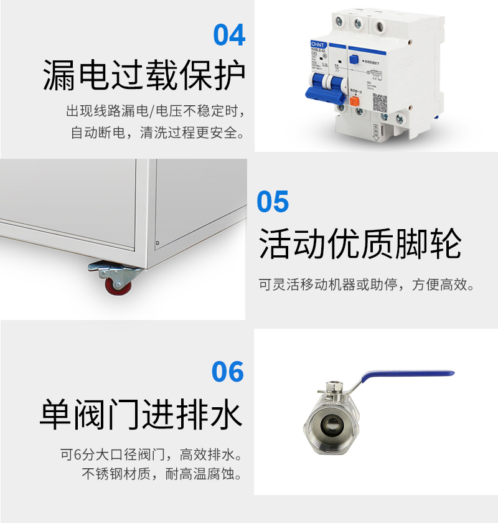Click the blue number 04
pos(229,35)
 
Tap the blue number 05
pos(273,202)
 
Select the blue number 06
pos(227,372)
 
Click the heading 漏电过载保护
pos(144,75)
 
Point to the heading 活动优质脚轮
pos(360,243)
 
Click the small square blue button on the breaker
pos(352,60)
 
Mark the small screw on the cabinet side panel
pos(157,242)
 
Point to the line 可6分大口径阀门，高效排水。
pos(151,454)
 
